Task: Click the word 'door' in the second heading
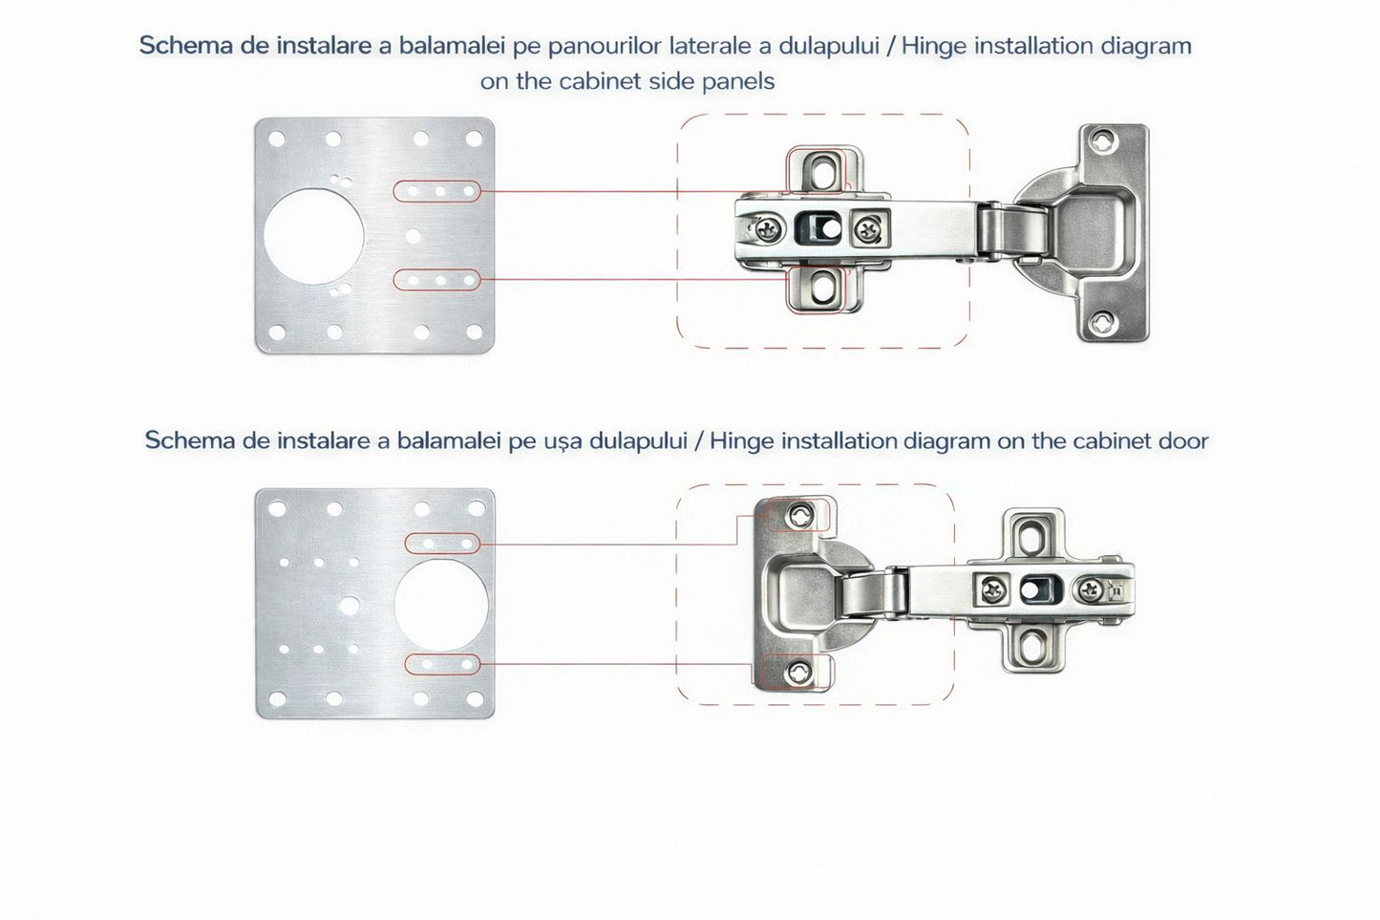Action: [1183, 440]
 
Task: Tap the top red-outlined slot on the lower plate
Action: [442, 543]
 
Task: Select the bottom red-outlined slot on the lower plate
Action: [442, 663]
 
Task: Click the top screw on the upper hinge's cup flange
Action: [1105, 141]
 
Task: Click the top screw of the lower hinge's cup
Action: [798, 517]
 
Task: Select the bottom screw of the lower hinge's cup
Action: [798, 674]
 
